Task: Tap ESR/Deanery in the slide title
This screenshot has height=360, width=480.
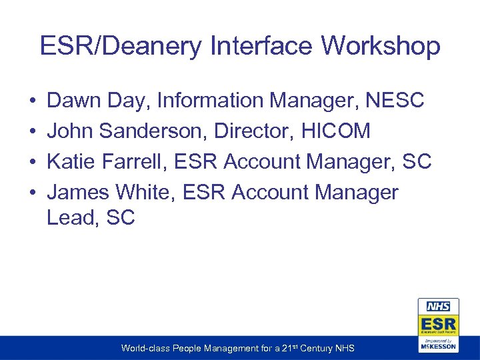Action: coord(121,47)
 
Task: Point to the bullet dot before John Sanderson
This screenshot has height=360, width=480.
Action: coord(33,132)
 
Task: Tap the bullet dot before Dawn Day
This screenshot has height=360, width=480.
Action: coord(33,101)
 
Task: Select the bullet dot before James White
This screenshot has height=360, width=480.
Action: coord(33,193)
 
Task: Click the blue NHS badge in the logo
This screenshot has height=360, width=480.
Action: coord(437,306)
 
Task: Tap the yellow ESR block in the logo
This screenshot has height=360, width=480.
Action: coord(437,323)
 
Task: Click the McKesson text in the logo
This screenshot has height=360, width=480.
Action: coord(437,347)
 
